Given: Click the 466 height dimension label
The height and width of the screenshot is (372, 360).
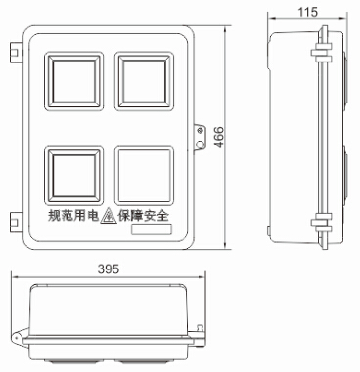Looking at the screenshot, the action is pos(220,137).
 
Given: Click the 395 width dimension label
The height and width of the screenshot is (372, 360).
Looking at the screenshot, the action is pos(109,269).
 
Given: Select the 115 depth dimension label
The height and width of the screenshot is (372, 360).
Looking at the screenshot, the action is pos(307,12).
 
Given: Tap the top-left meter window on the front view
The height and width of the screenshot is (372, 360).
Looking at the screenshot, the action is pos(74,81).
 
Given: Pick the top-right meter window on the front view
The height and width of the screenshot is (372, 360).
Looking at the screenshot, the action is pos(144,81).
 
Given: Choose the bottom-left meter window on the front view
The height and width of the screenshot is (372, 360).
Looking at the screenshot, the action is pos(74,176).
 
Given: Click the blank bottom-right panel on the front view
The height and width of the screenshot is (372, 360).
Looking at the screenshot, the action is pos(144,176).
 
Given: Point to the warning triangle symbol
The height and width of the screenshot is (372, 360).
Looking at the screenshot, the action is pos(109,216).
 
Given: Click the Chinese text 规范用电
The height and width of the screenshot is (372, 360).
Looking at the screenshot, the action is pos(73,215).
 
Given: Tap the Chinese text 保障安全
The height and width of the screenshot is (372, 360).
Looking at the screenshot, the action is pos(144,215).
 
